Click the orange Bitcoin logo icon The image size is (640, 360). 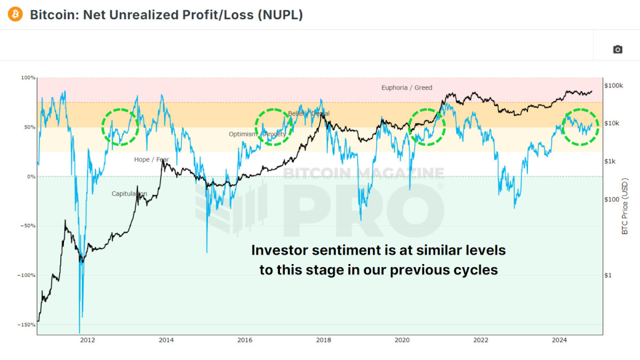click(16, 14)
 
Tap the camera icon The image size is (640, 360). click(618, 50)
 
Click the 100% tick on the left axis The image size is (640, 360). click(28, 78)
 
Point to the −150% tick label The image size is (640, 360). click(26, 325)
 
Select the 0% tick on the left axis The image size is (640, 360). click(31, 177)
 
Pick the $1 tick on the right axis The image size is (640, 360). click(608, 275)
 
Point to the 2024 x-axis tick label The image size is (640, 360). click(559, 340)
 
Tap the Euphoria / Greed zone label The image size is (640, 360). click(406, 87)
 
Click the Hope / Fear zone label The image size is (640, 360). click(151, 159)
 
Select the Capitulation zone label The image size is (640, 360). click(129, 194)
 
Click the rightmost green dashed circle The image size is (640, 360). click(581, 127)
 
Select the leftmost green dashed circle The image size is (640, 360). click(120, 127)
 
